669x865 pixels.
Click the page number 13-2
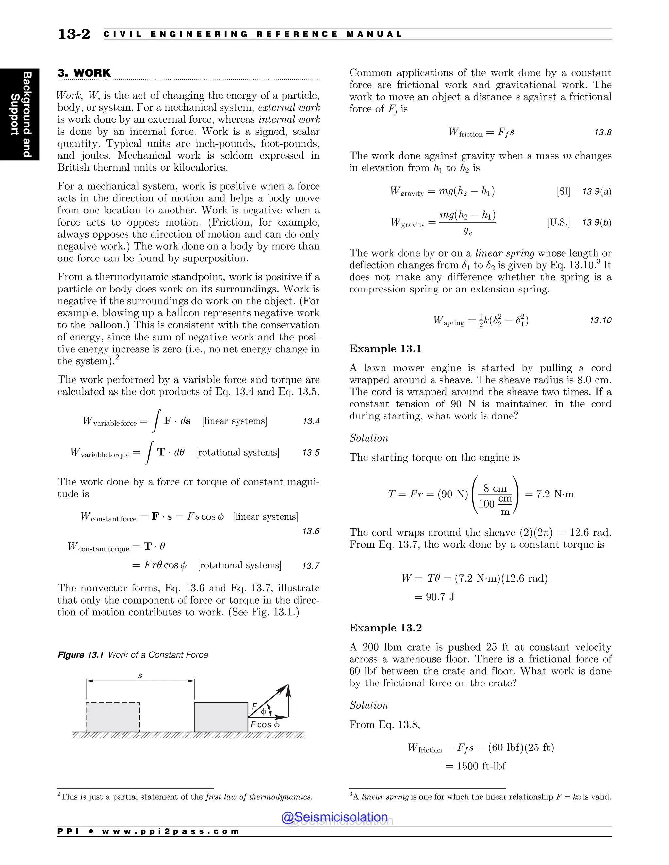pos(74,34)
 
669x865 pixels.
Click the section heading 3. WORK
pos(84,73)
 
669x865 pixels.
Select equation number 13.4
pos(311,421)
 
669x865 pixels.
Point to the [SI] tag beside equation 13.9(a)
pos(563,192)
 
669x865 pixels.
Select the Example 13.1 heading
pos(385,349)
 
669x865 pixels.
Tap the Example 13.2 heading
pos(385,628)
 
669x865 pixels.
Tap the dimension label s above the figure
pos(140,676)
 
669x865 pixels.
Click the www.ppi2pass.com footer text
pos(171,831)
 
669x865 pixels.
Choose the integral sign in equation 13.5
pos(149,452)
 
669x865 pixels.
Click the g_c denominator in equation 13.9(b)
pos(468,232)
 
